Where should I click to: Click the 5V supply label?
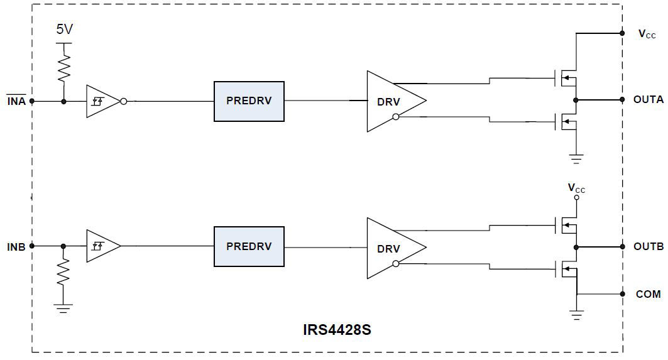coord(63,30)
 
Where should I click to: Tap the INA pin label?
coord(16,101)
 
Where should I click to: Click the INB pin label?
coord(16,247)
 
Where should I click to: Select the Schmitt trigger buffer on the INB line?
coord(102,246)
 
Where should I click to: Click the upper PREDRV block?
coord(249,101)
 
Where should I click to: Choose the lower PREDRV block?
coord(249,247)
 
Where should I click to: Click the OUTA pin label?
coord(648,100)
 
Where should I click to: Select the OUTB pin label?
coord(648,247)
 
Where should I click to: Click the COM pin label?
coord(648,294)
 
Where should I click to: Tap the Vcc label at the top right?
coord(647,35)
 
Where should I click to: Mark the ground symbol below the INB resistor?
coord(63,308)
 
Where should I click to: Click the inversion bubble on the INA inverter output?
coord(124,101)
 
